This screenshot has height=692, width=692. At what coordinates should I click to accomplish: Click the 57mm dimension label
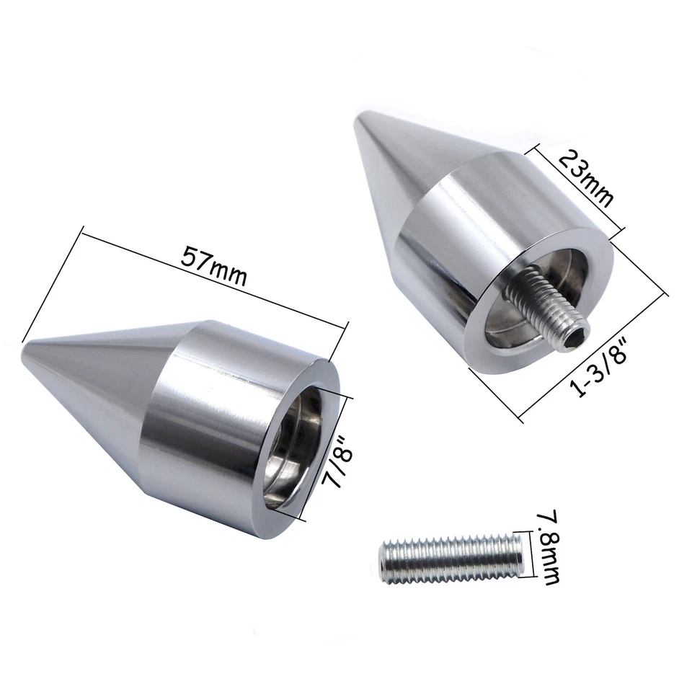point(213,267)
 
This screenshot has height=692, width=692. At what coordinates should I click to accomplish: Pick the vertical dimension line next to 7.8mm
point(534,554)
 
